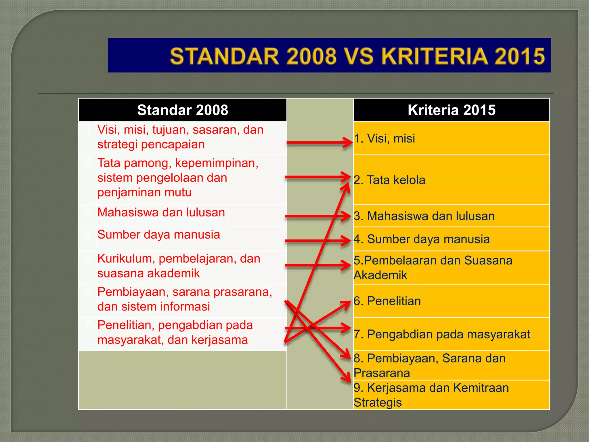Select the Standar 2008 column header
pyautogui.click(x=182, y=110)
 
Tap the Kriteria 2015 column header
pyautogui.click(x=451, y=110)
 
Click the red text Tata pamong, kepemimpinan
pyautogui.click(x=178, y=163)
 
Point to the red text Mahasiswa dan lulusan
pyautogui.click(x=161, y=213)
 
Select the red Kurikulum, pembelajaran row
pyautogui.click(x=178, y=266)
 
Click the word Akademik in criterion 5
pyautogui.click(x=380, y=275)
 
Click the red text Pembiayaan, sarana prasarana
pyautogui.click(x=184, y=292)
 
